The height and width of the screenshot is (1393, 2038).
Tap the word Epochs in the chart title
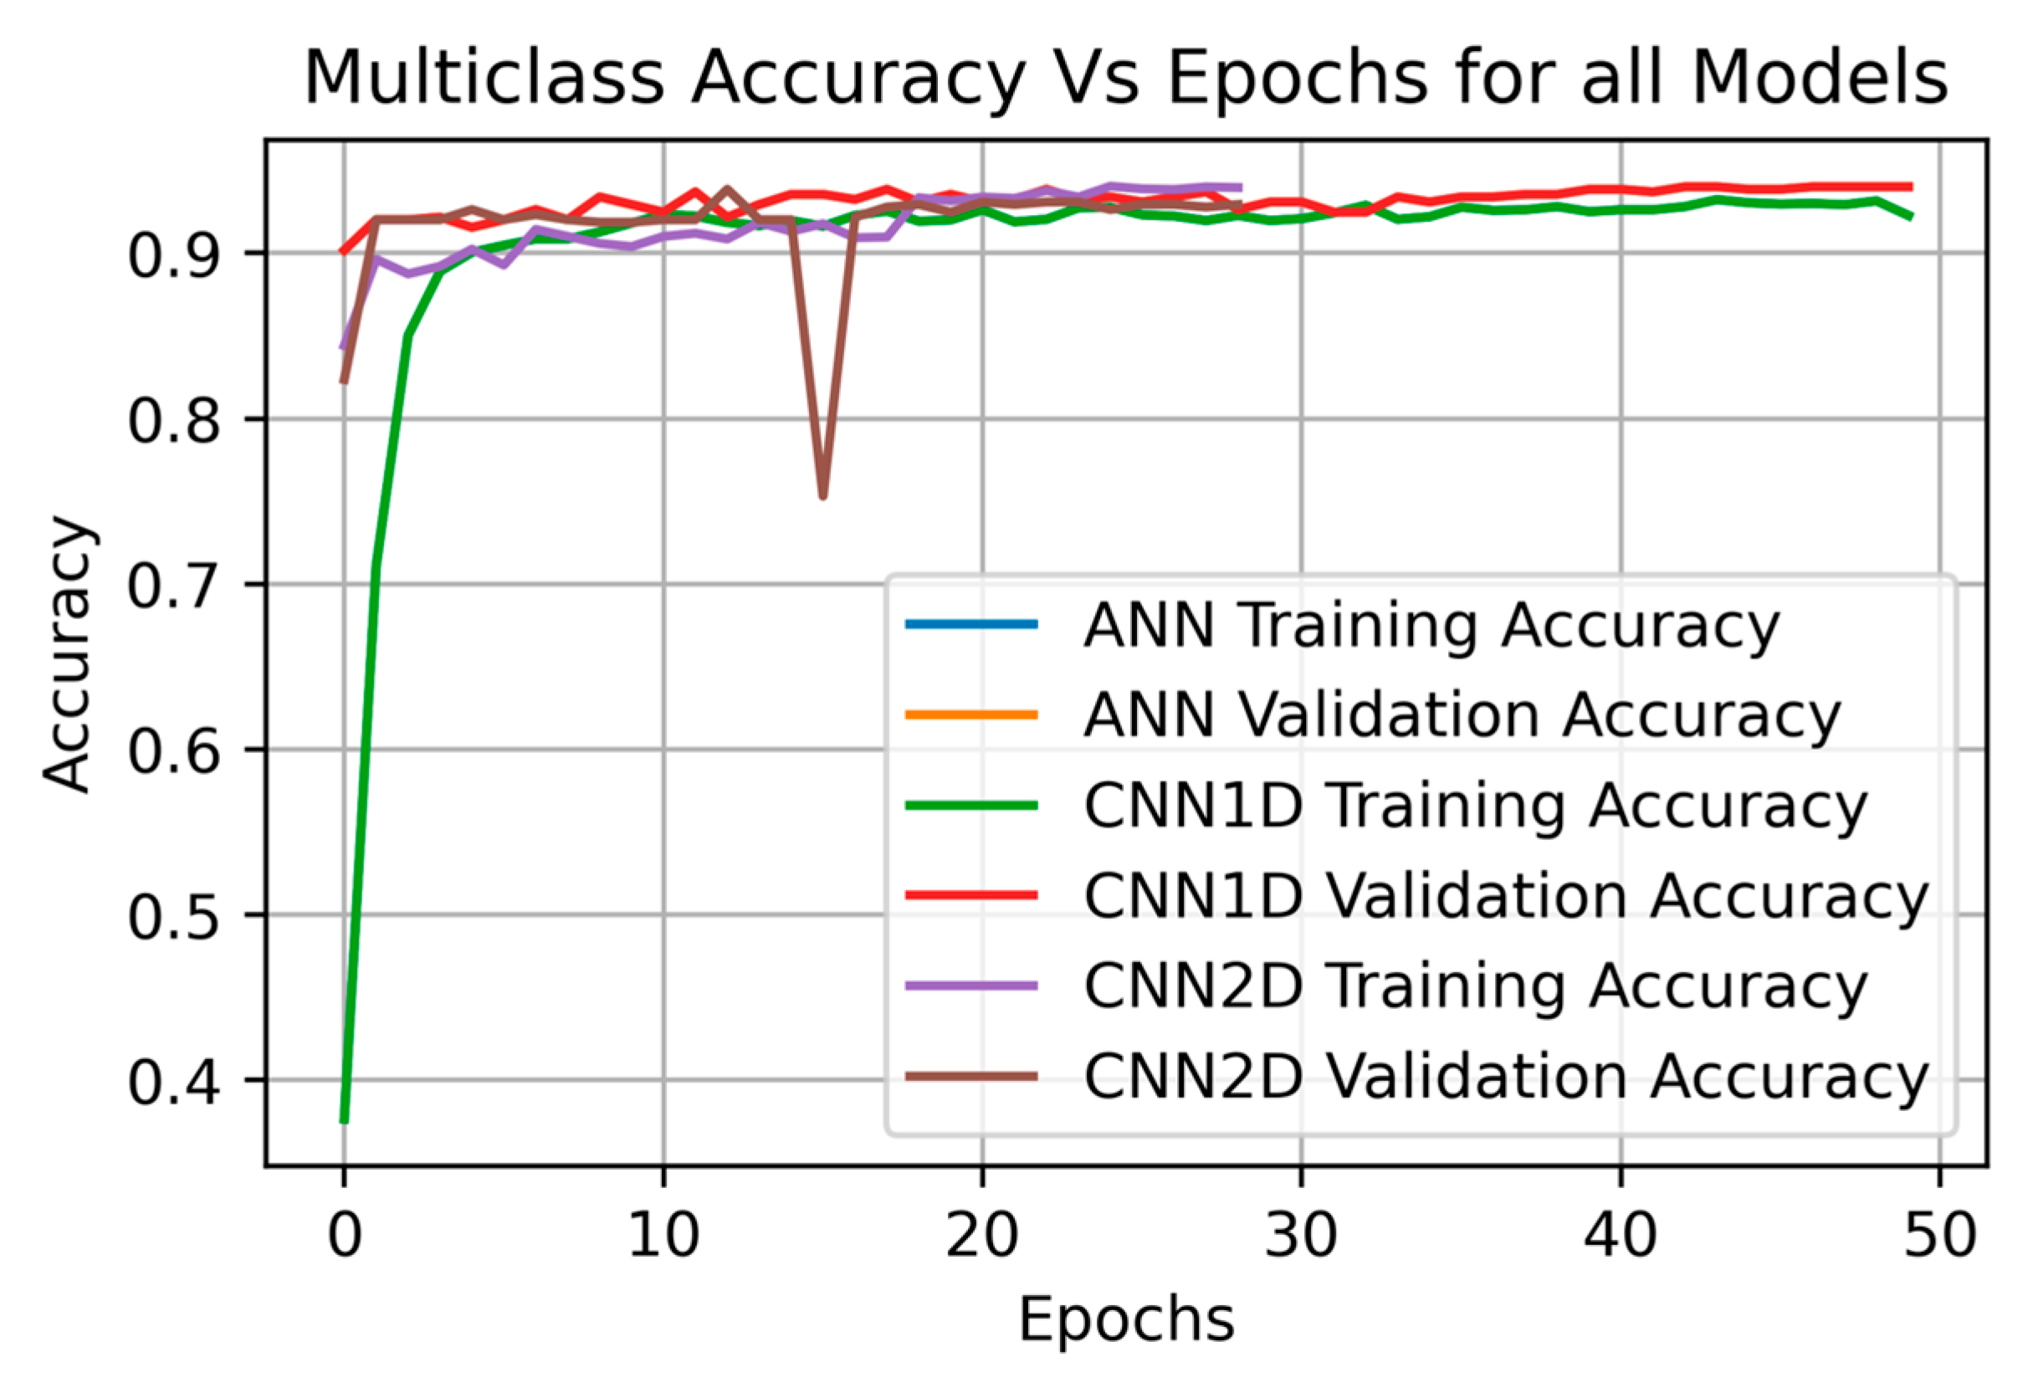1298,79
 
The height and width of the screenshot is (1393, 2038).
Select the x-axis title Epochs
1126,1319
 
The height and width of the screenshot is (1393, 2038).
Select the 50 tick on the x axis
1940,1235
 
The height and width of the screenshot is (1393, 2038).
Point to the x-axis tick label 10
663,1235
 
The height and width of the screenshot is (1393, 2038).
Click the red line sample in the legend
970,896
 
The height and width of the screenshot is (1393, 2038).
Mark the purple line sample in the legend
970,986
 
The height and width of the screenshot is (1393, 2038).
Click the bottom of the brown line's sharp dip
822,496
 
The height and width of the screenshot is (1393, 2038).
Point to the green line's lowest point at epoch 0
345,1120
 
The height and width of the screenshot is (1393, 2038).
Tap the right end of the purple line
1240,187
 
